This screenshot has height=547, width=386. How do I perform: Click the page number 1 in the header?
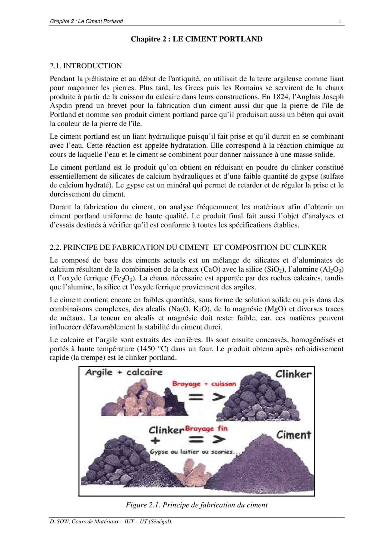(340, 21)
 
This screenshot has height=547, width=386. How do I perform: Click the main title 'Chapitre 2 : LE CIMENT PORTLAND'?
(196, 39)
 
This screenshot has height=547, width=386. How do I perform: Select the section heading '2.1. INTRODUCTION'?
(86, 66)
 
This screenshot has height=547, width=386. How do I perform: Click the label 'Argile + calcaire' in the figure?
(124, 372)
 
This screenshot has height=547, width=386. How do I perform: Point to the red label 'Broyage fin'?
(206, 429)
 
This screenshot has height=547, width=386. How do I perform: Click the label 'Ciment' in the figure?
(293, 435)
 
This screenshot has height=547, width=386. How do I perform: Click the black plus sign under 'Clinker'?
(155, 440)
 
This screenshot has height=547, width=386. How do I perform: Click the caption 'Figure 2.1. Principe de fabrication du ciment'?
(197, 505)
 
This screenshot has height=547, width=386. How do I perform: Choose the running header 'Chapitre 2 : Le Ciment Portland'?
(86, 21)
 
